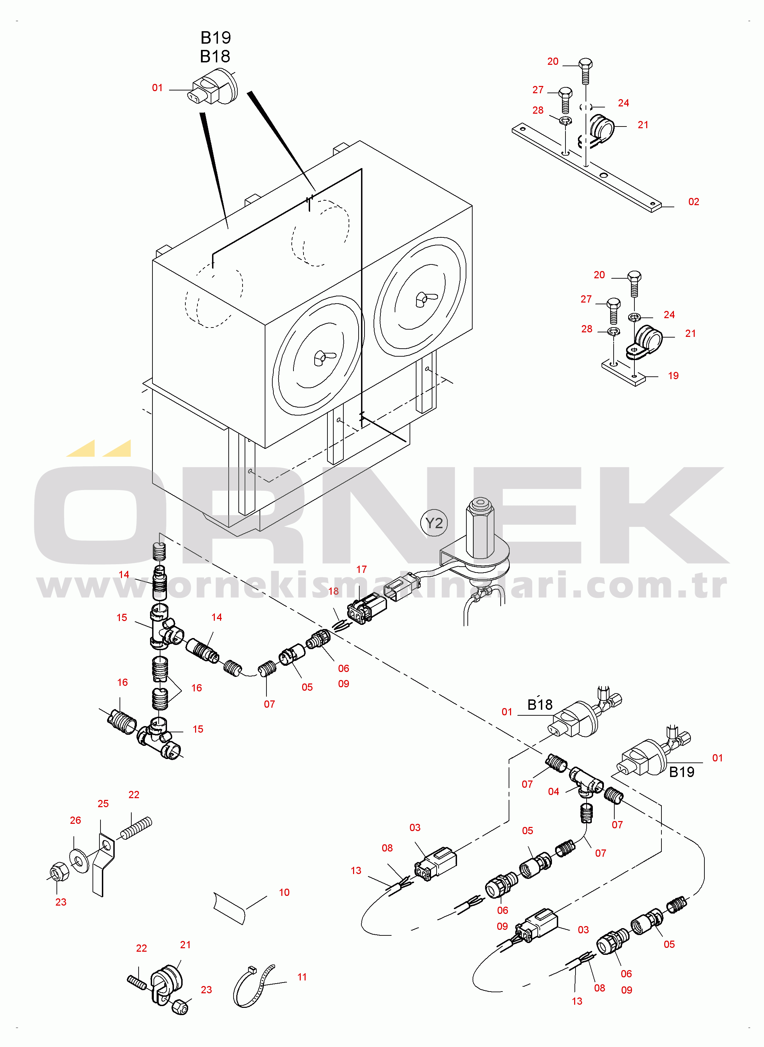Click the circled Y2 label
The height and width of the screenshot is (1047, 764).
434,523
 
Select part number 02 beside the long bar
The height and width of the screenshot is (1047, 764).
693,202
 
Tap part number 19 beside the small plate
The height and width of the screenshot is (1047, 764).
673,376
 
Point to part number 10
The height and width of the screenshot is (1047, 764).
284,892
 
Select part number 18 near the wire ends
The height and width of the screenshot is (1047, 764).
333,591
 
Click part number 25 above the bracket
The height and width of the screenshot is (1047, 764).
103,804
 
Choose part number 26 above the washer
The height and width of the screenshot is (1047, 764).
76,820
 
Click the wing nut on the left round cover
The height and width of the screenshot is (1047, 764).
320,357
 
